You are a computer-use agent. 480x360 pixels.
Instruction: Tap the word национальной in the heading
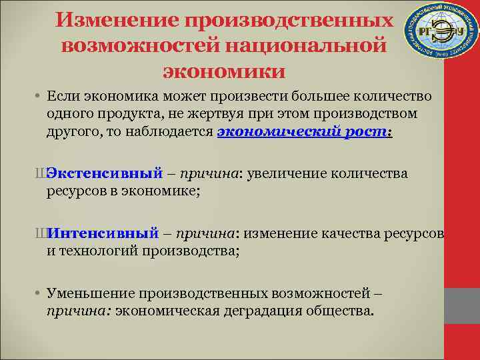309,45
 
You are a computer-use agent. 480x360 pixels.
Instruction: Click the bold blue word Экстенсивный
104,174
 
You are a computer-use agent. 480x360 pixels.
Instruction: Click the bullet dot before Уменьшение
40,294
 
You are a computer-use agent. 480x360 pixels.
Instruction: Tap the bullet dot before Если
40,98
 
